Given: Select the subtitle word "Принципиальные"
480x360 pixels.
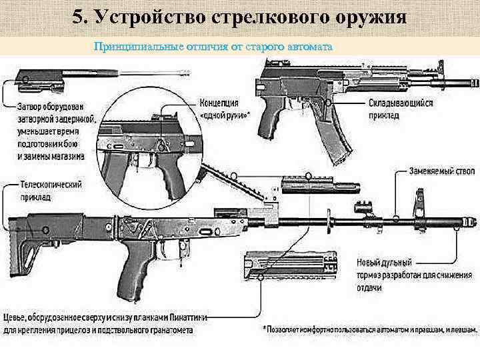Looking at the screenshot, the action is [x=139, y=47].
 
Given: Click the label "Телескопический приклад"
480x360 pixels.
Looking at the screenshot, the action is [x=50, y=191].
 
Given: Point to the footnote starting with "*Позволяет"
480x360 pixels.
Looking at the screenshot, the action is [x=369, y=329].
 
